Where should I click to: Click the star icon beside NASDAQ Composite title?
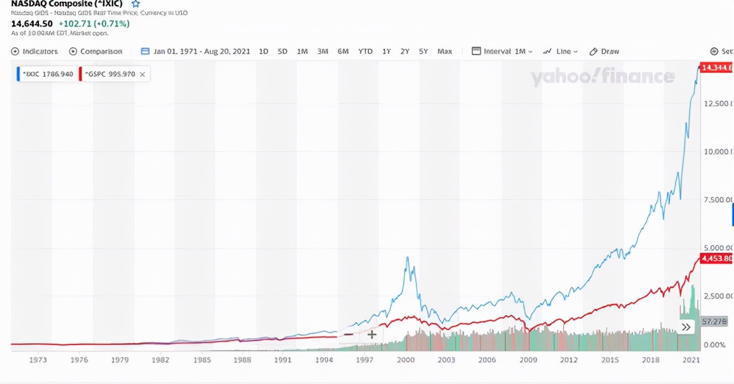click(136, 3)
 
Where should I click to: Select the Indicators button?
click(35, 51)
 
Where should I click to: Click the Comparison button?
click(96, 51)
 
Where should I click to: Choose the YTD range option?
click(365, 51)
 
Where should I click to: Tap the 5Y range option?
click(423, 51)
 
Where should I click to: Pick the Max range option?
click(444, 51)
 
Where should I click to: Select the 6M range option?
click(343, 51)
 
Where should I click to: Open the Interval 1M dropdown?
click(502, 51)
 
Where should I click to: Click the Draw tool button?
click(604, 51)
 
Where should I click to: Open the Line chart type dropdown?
click(560, 51)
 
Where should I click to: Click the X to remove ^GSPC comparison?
click(142, 74)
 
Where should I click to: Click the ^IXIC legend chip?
click(47, 74)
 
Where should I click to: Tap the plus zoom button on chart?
click(372, 334)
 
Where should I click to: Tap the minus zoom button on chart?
click(348, 334)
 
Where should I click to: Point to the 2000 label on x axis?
click(405, 360)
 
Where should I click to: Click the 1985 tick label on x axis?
click(202, 360)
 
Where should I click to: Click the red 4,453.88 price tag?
click(717, 258)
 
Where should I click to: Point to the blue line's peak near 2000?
click(407, 257)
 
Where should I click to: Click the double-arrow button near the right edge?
click(686, 327)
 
